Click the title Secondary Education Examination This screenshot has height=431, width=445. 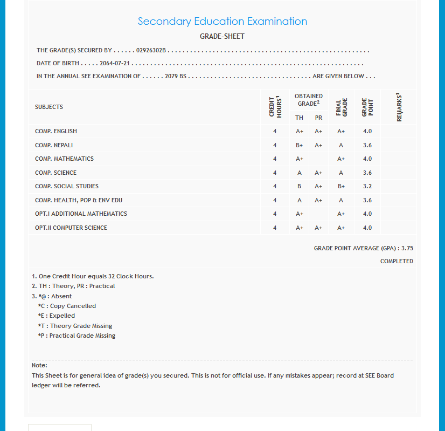(x=222, y=22)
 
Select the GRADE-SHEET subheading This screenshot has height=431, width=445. (x=222, y=37)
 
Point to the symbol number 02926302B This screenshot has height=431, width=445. (x=151, y=50)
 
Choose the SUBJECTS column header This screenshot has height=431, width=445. (x=49, y=107)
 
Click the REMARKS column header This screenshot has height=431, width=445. (x=399, y=107)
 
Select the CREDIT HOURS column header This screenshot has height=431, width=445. (x=275, y=107)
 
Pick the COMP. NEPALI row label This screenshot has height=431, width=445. (x=54, y=145)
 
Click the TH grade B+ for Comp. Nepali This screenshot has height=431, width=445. (x=300, y=145)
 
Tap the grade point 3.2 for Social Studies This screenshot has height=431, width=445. (x=367, y=186)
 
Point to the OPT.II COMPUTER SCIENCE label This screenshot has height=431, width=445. (x=71, y=228)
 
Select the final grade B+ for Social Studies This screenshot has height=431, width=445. (x=341, y=186)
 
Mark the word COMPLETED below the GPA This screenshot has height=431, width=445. (x=397, y=261)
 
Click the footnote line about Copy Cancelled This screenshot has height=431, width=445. (x=67, y=306)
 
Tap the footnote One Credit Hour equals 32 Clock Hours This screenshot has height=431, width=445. (x=93, y=276)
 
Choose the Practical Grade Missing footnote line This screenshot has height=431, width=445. (x=77, y=336)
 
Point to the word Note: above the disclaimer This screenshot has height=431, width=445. (x=40, y=365)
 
